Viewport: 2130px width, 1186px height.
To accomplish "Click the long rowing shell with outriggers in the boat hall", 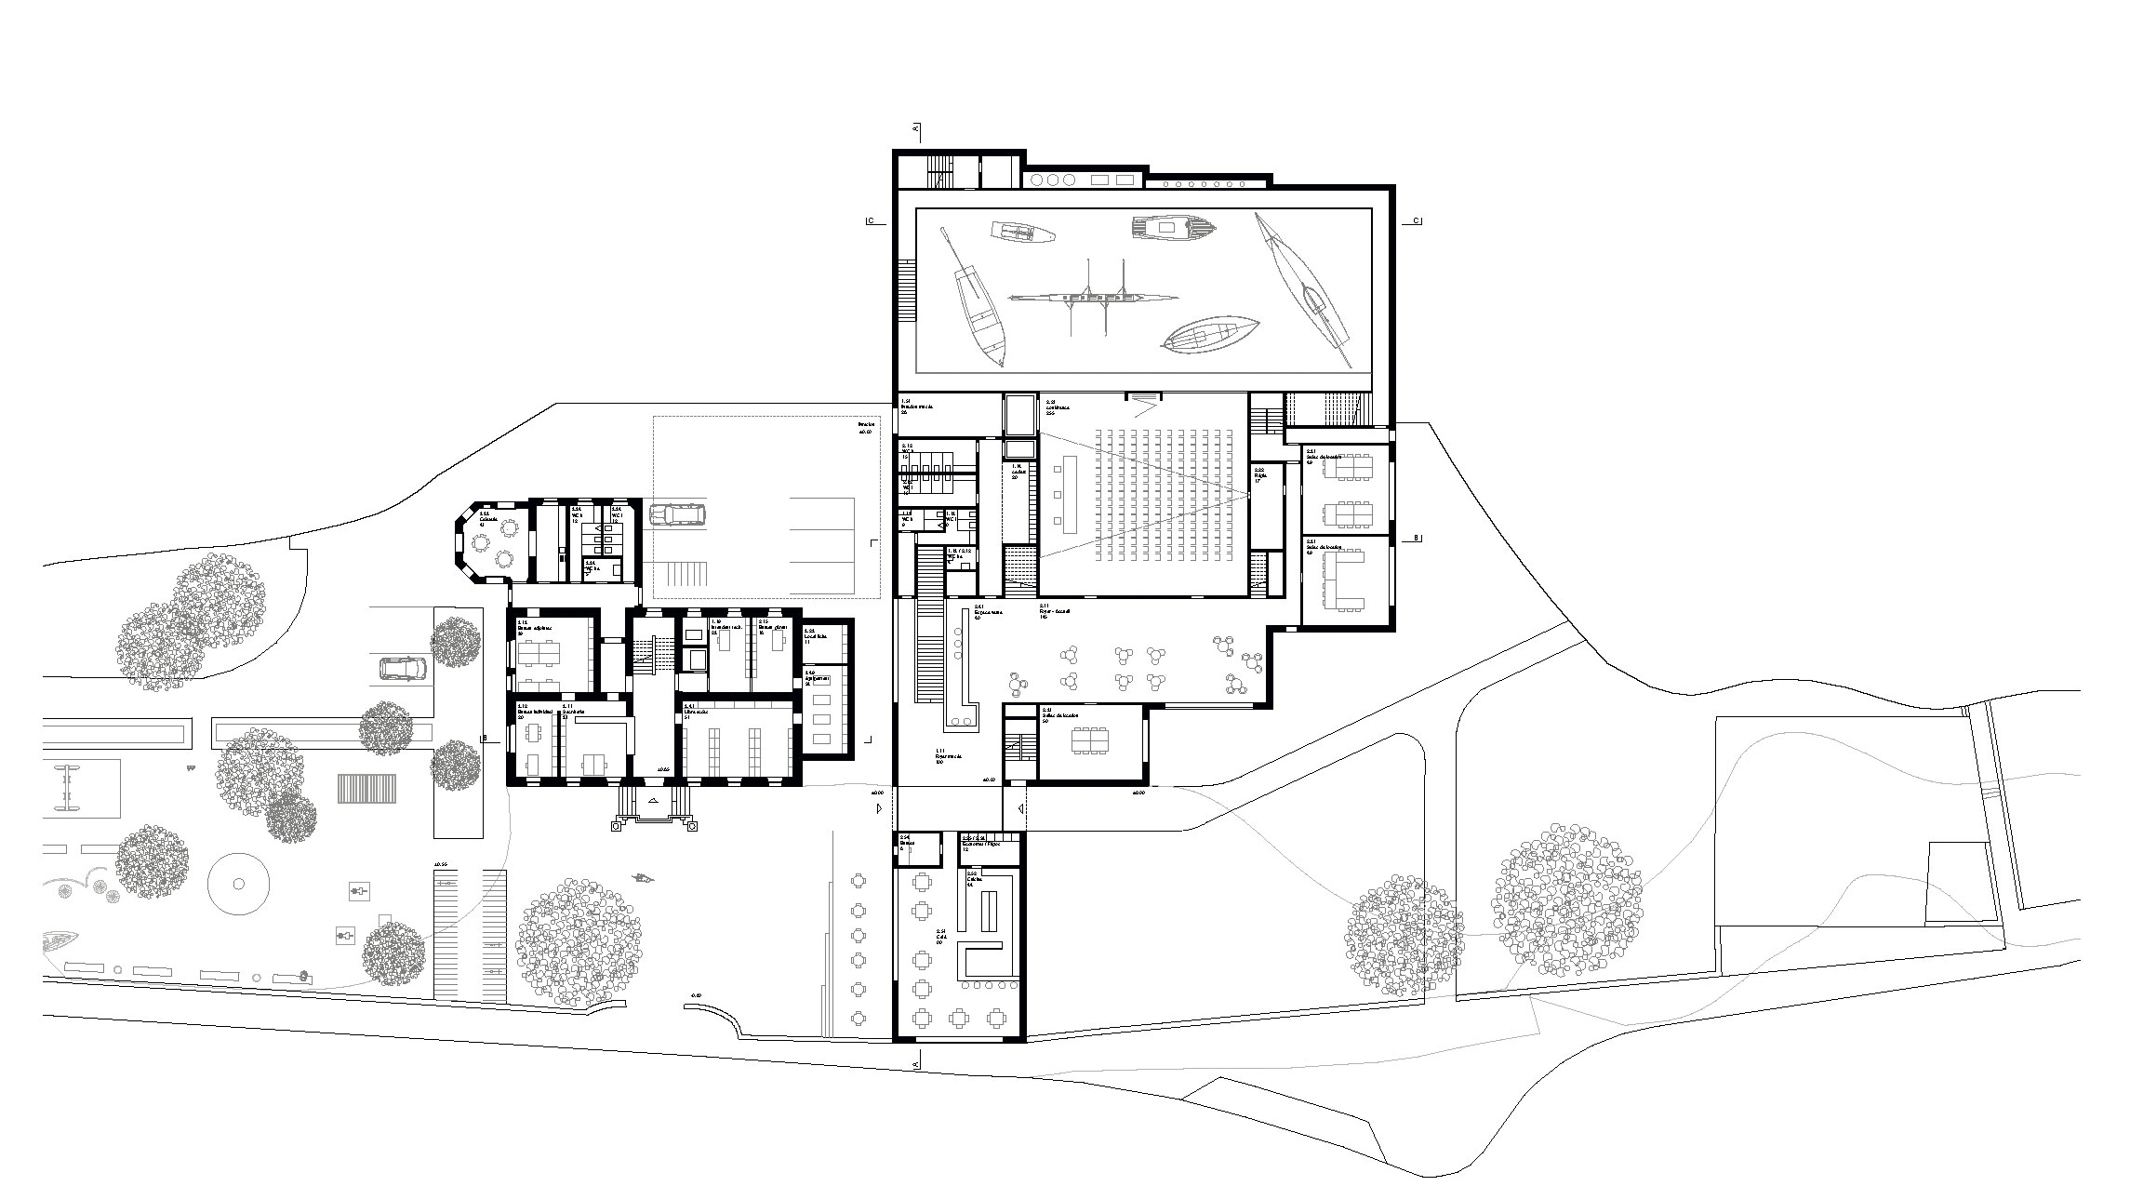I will click(x=1094, y=298).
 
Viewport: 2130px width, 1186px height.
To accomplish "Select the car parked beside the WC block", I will click(x=677, y=515).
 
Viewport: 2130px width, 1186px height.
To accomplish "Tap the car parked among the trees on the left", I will click(x=403, y=669).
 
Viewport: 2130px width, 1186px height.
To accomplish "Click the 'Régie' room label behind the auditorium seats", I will click(x=1261, y=474).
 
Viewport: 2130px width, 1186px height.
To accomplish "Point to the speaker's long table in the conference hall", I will click(x=1058, y=492).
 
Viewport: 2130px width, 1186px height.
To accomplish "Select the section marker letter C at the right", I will click(x=1416, y=220).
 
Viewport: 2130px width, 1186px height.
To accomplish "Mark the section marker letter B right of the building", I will click(x=1416, y=538).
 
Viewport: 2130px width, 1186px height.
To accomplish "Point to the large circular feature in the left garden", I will click(x=238, y=884).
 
